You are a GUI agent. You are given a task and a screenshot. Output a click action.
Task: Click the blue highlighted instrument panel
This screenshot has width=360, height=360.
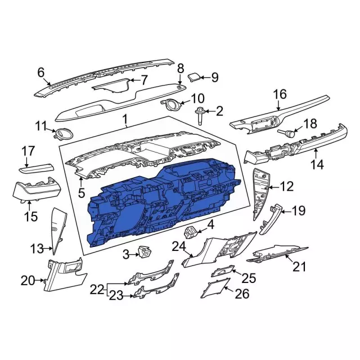[163, 202]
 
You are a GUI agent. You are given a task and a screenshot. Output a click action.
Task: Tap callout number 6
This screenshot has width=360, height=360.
[40, 72]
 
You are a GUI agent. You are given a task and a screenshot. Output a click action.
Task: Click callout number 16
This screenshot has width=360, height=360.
[280, 94]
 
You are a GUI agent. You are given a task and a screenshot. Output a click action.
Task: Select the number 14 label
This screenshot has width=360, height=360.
[318, 165]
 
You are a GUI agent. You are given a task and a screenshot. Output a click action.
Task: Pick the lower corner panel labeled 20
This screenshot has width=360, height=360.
[65, 277]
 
